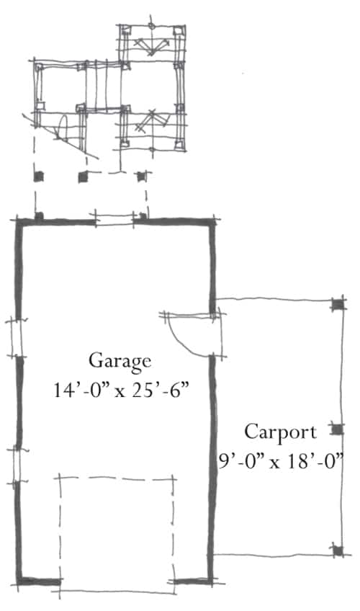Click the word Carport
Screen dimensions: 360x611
coord(280,432)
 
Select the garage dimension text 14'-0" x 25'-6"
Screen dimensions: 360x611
coord(121,390)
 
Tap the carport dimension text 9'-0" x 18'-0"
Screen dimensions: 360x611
coord(280,462)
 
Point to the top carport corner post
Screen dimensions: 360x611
coord(338,304)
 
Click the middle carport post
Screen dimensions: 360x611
coord(338,429)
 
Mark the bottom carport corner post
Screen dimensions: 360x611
coord(338,550)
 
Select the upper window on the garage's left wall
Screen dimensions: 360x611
coord(17,338)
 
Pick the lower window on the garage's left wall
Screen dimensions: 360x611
coord(17,466)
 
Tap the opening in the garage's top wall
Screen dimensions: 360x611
coord(114,221)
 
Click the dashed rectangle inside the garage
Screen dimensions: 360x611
coord(117,477)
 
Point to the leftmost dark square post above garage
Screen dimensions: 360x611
coord(39,177)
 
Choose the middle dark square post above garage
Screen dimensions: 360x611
coord(83,177)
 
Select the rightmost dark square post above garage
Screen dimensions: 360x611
coord(141,177)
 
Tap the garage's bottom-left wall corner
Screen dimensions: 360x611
coord(19,581)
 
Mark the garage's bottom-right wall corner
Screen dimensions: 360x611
coord(210,581)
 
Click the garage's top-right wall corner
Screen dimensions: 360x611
coord(212,223)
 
